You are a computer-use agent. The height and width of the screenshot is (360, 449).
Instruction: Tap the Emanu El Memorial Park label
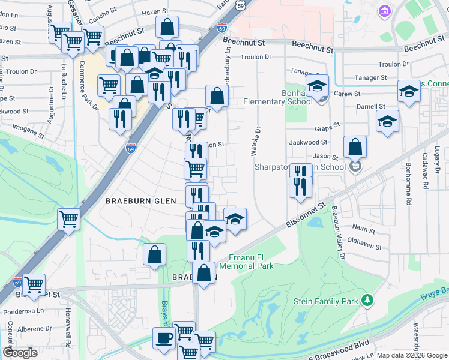pyautogui.click(x=247, y=262)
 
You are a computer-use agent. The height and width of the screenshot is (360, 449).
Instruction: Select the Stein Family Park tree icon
pyautogui.click(x=369, y=300)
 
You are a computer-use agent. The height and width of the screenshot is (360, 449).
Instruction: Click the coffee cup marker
pyautogui.click(x=164, y=338)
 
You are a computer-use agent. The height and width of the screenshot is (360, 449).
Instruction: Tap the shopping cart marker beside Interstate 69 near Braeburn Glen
pyautogui.click(x=69, y=219)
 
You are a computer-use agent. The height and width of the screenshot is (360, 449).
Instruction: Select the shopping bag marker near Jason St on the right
pyautogui.click(x=355, y=146)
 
